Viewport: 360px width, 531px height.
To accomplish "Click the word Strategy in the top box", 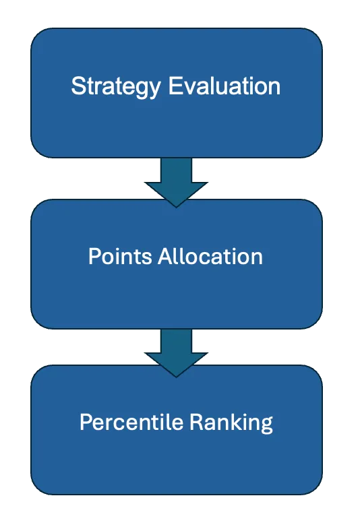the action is [116, 87].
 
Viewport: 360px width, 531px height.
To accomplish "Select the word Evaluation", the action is [224, 86].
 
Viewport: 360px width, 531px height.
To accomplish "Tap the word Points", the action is [120, 256].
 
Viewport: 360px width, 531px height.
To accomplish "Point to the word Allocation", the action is [210, 256].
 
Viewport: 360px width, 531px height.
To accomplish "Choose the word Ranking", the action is [231, 423].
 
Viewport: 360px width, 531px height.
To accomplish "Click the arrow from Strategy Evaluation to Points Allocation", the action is [176, 182].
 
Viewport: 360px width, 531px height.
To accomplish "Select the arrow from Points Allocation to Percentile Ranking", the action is [176, 352].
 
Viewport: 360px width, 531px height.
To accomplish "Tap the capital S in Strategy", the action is [78, 86].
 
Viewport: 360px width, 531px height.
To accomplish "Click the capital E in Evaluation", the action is [175, 86].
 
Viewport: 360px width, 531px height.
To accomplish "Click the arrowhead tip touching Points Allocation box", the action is [176, 207].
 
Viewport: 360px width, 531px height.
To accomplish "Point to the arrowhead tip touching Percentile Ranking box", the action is [176, 377].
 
